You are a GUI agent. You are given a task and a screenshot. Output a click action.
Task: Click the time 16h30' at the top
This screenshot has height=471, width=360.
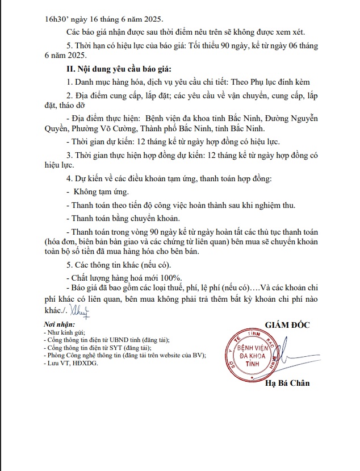57,18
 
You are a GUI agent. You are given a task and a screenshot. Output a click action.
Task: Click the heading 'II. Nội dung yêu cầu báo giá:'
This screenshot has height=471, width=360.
119,69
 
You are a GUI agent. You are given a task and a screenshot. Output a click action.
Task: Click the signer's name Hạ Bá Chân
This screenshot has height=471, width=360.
287,383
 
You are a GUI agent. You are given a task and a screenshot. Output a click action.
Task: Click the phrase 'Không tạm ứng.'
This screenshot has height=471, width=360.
97,192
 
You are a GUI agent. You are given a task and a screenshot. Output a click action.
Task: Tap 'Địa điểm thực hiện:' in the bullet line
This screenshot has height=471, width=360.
106,118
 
